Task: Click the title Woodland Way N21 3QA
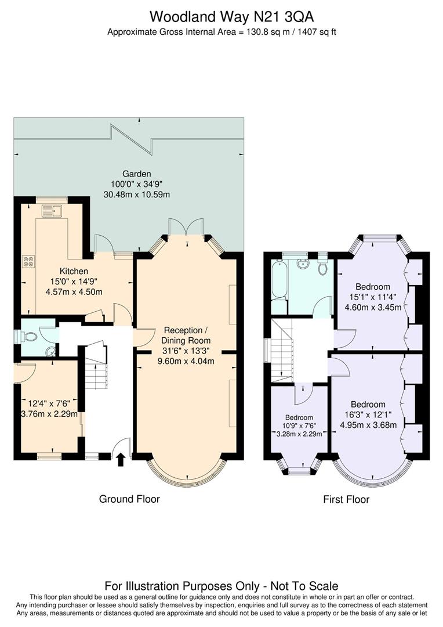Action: [221, 16]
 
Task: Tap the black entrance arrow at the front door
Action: [121, 460]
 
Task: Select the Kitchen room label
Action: [74, 271]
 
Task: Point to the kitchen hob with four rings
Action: [28, 262]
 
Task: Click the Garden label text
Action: [137, 174]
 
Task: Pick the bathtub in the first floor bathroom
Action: [279, 280]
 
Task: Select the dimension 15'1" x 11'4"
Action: [373, 297]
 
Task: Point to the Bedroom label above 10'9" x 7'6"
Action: [299, 417]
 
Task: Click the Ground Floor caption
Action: [129, 499]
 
